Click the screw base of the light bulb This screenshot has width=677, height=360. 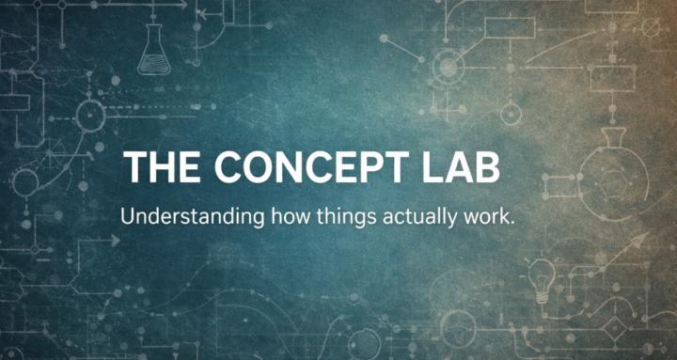pyautogui.click(x=542, y=293)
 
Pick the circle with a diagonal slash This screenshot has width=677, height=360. pyautogui.click(x=650, y=27)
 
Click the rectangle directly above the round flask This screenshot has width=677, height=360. pyautogui.click(x=612, y=78)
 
